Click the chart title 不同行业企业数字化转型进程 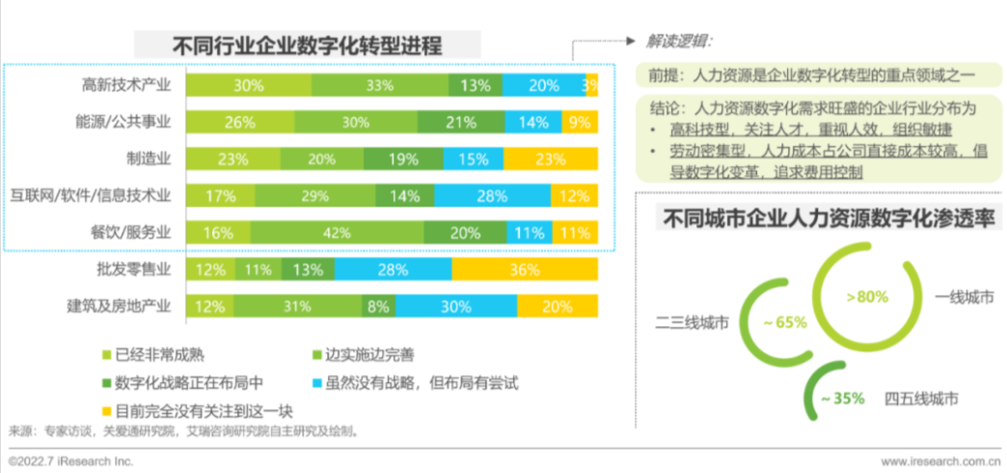[306, 45]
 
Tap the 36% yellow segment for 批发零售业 [525, 269]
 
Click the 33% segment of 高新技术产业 [380, 85]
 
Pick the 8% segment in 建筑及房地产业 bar [377, 307]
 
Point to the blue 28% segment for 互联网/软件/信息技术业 [492, 196]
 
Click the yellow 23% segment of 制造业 [550, 159]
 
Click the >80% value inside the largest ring [867, 296]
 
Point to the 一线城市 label [963, 296]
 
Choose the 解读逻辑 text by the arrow [680, 42]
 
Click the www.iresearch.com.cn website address [939, 460]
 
